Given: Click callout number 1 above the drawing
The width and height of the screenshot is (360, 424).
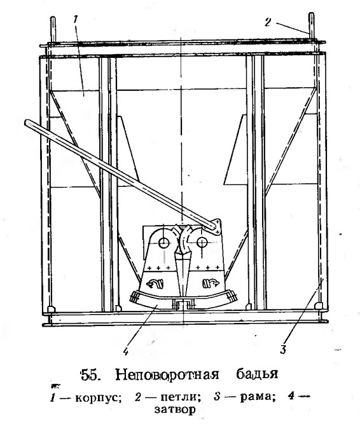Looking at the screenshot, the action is tap(75, 19).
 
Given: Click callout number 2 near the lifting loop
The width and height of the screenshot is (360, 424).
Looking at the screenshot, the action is tap(268, 22).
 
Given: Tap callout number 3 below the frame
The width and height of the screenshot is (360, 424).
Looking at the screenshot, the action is tap(283, 350).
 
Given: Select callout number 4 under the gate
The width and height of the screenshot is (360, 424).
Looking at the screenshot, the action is tap(125, 351).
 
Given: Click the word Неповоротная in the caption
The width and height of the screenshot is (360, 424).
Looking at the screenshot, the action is tap(167, 375).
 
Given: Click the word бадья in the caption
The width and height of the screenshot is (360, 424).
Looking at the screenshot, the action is tap(257, 375).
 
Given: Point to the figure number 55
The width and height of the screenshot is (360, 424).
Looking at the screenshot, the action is tap(91, 375).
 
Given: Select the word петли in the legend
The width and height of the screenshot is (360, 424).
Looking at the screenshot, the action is tap(181, 397).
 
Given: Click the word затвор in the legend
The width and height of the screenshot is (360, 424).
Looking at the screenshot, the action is tap(175, 409).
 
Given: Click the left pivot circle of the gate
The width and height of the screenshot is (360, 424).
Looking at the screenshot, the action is tap(163, 242).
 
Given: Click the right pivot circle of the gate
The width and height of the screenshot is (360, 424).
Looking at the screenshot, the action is tap(202, 242).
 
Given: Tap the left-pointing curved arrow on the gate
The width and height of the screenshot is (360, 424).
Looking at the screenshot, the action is tap(155, 284).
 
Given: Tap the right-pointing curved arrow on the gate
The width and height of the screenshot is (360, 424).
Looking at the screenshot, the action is tap(212, 284).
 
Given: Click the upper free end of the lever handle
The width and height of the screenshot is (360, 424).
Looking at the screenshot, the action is tap(27, 123).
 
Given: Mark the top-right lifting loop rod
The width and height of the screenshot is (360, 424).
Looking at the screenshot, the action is tap(311, 27).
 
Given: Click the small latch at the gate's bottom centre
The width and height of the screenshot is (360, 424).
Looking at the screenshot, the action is tap(183, 304).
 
